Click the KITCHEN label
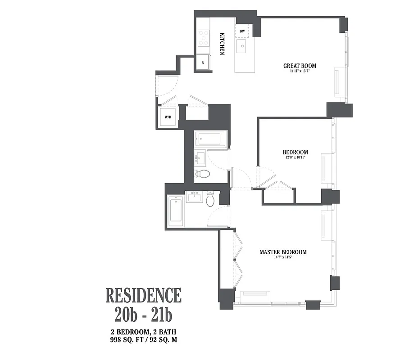pyautogui.click(x=222, y=44)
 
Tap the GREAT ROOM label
pyautogui.click(x=300, y=66)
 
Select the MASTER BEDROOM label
pyautogui.click(x=283, y=252)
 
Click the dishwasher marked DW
pyautogui.click(x=242, y=31)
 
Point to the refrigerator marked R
pyautogui.click(x=203, y=63)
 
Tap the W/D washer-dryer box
pyautogui.click(x=168, y=117)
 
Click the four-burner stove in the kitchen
pyautogui.click(x=204, y=38)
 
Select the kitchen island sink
pyautogui.click(x=242, y=45)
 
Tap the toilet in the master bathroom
pyautogui.click(x=210, y=199)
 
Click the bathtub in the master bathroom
pyautogui.click(x=176, y=211)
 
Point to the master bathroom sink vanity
pyautogui.click(x=195, y=197)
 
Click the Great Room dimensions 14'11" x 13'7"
pyautogui.click(x=300, y=72)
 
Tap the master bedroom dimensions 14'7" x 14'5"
pyautogui.click(x=283, y=258)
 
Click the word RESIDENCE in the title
pyautogui.click(x=143, y=295)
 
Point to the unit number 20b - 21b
pyautogui.click(x=143, y=315)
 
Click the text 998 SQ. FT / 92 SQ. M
pyautogui.click(x=144, y=340)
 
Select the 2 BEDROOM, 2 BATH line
pyautogui.click(x=144, y=332)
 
